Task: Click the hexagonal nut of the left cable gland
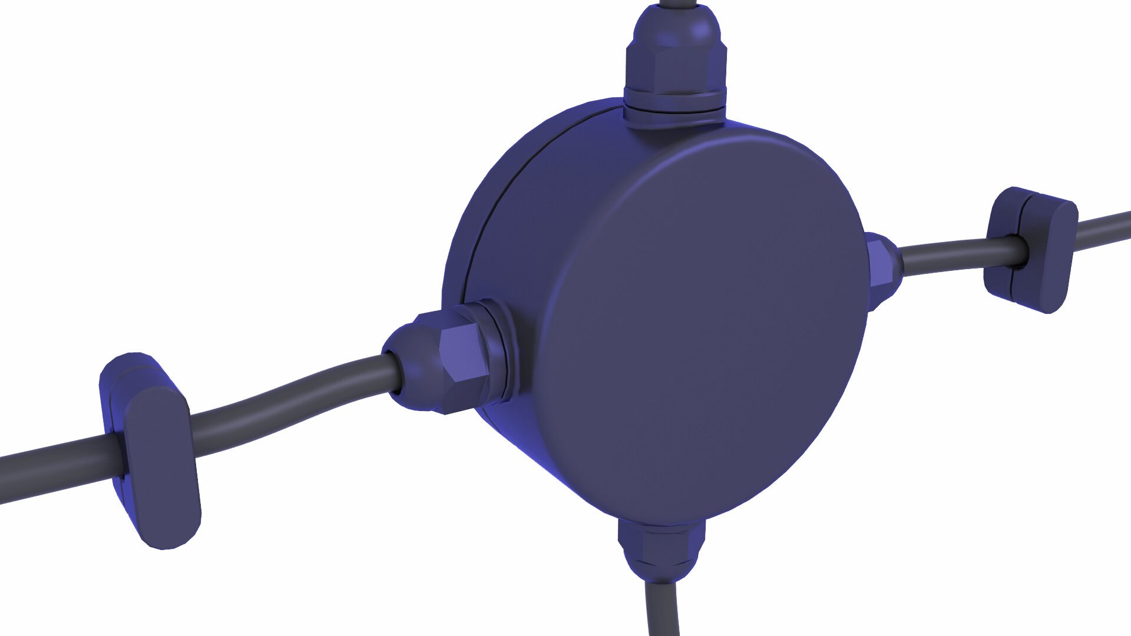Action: click(x=462, y=353)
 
